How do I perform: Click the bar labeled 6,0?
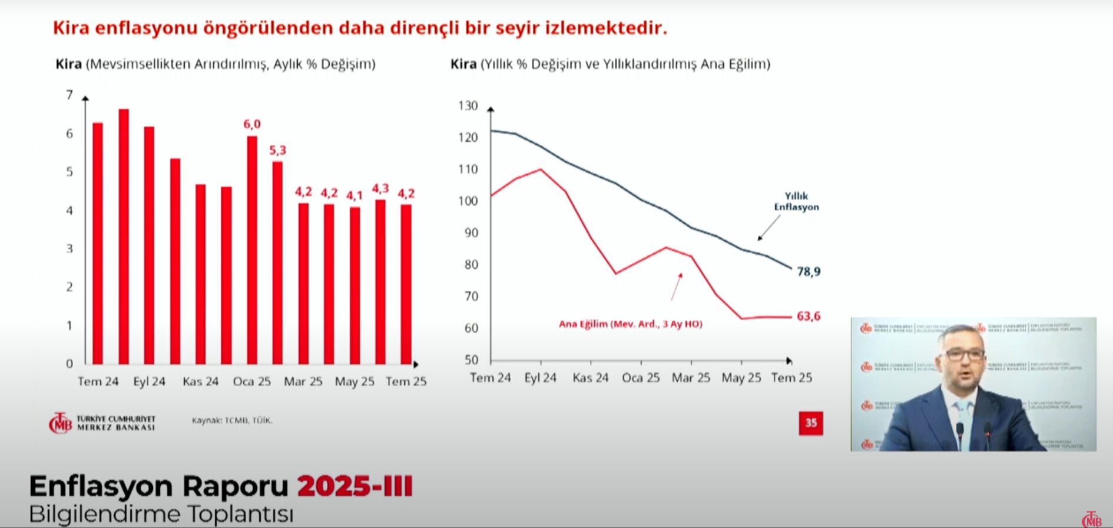[252, 250]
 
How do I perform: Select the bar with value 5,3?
[277, 263]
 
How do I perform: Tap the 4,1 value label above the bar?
[354, 195]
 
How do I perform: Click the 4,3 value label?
[380, 188]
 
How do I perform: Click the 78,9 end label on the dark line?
[808, 271]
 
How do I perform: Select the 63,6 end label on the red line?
[808, 316]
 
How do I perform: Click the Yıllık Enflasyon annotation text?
[796, 201]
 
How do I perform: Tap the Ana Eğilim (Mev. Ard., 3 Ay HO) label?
[630, 324]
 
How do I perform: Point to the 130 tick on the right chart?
[468, 106]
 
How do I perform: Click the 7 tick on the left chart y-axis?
[69, 95]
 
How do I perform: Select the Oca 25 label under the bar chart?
[251, 381]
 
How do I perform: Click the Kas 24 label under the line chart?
[590, 378]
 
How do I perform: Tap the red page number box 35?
[810, 423]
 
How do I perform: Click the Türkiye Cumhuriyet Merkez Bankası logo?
[102, 423]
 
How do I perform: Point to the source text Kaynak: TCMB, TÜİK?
[231, 420]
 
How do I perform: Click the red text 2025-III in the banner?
[355, 487]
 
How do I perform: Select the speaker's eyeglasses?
[965, 354]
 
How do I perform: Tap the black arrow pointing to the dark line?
[768, 228]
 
